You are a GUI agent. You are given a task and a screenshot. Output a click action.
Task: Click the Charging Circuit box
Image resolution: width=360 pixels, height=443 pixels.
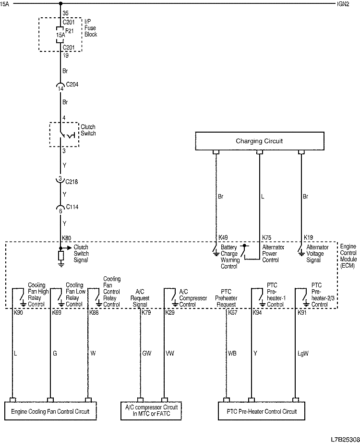259,141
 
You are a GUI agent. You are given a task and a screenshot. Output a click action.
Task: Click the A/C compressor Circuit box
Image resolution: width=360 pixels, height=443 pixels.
151,411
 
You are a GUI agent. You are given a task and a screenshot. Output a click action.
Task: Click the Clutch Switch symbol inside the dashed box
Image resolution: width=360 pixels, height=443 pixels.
64,135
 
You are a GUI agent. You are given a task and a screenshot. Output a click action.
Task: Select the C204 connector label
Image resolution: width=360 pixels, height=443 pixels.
72,85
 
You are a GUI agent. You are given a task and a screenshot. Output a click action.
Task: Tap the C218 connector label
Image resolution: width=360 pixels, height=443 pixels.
72,183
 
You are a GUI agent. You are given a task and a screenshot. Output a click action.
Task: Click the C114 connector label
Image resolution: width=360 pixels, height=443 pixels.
72,207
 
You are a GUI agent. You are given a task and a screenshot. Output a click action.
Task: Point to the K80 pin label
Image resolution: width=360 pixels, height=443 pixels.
67,237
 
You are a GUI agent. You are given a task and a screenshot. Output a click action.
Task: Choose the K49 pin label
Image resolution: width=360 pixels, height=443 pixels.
224,237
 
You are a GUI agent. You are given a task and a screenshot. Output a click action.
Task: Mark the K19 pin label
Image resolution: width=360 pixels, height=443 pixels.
309,237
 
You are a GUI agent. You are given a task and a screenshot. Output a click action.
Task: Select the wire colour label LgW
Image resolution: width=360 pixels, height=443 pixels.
303,354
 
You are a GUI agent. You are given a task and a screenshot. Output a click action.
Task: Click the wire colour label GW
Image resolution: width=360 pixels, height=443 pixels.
147,354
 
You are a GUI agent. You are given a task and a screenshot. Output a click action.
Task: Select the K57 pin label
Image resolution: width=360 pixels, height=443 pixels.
233,313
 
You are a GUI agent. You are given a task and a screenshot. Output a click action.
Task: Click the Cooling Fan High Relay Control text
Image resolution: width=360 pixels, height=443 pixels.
38,295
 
